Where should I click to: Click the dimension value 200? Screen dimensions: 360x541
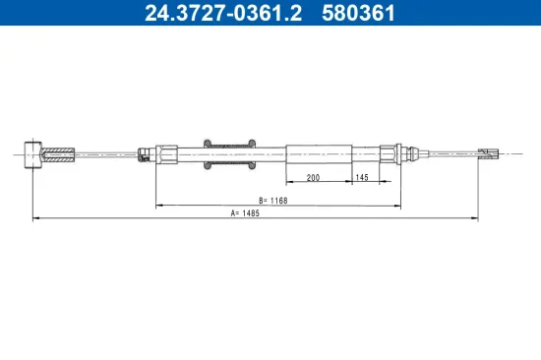[x=313, y=178]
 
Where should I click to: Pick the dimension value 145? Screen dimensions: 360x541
[x=363, y=178]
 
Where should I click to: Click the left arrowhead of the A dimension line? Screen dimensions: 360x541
[x=36, y=217]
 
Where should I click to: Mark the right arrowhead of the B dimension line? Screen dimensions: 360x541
[x=397, y=205]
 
